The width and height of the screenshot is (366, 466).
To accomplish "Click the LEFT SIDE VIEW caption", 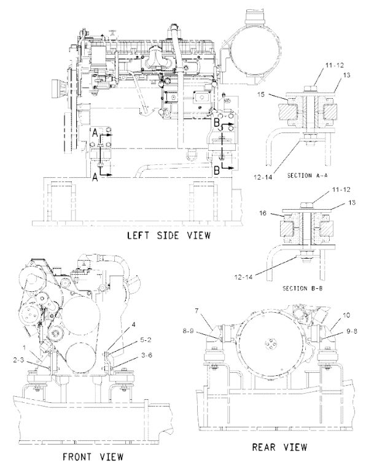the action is pyautogui.click(x=169, y=235).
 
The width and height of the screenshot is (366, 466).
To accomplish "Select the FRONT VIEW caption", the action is pyautogui.click(x=93, y=456).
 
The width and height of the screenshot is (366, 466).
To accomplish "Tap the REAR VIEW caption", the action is pyautogui.click(x=279, y=446).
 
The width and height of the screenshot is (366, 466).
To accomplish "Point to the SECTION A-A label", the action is pyautogui.click(x=307, y=175).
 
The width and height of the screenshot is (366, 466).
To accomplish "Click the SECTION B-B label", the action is pyautogui.click(x=302, y=288).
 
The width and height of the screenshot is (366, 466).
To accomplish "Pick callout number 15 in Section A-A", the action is pyautogui.click(x=261, y=95).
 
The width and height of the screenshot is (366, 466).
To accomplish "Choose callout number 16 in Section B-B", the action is pyautogui.click(x=263, y=213).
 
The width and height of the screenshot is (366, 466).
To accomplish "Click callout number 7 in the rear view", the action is pyautogui.click(x=197, y=311).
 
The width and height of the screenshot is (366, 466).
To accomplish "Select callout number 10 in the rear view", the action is pyautogui.click(x=347, y=315).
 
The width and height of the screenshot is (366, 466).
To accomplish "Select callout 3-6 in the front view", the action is pyautogui.click(x=146, y=355).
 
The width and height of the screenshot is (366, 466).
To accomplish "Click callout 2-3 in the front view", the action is pyautogui.click(x=18, y=360).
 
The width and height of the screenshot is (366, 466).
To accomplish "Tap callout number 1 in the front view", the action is pyautogui.click(x=25, y=347).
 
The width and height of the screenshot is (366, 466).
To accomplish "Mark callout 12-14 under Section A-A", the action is pyautogui.click(x=263, y=177).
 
